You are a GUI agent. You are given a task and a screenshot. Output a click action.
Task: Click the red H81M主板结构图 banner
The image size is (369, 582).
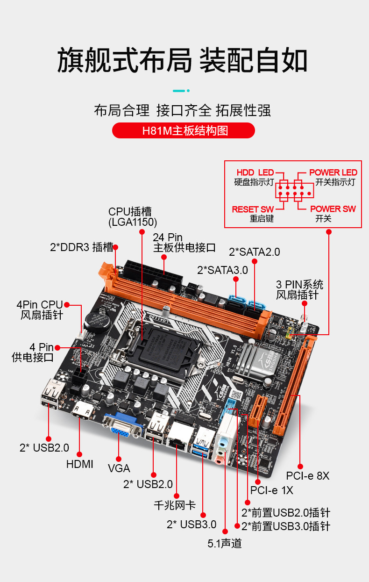click(184, 130)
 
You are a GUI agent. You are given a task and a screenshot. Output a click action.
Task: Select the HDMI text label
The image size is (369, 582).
click(79, 464)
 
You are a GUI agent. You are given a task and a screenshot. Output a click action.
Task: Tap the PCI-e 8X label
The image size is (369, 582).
click(308, 476)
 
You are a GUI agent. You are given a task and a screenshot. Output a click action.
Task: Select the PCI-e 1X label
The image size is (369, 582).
click(272, 490)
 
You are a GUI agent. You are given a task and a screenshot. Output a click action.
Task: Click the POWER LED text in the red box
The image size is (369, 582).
click(333, 172)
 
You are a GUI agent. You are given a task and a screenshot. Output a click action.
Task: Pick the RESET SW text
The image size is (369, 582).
click(253, 209)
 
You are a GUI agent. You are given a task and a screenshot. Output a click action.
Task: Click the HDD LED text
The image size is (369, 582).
click(255, 172)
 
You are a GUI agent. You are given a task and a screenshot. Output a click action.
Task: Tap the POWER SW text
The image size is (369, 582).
click(333, 209)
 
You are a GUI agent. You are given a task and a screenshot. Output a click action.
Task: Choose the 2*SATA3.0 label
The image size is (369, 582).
click(222, 270)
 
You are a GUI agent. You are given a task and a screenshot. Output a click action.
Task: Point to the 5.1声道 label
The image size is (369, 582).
click(225, 543)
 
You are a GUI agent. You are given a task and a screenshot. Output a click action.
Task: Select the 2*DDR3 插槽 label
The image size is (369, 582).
click(81, 247)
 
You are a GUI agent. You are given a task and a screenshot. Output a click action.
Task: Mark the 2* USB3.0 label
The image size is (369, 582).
click(192, 525)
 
